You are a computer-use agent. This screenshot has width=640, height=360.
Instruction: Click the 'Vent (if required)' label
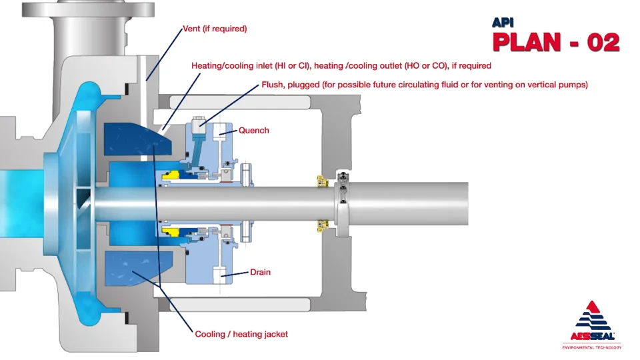pyautogui.click(x=215, y=29)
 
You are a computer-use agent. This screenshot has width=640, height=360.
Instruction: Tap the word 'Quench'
pyautogui.click(x=254, y=131)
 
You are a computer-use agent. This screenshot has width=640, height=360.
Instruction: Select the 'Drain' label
pyautogui.click(x=260, y=273)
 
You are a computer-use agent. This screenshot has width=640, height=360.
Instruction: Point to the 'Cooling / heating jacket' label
pyautogui.click(x=241, y=334)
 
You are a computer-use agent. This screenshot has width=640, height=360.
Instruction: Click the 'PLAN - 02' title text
pyautogui.click(x=556, y=43)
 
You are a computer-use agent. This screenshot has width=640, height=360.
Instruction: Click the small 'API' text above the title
pyautogui.click(x=504, y=22)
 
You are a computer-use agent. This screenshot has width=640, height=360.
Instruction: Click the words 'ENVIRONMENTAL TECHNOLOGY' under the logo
pyautogui.click(x=591, y=347)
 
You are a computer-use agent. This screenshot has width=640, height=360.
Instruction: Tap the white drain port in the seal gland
pyautogui.click(x=219, y=273)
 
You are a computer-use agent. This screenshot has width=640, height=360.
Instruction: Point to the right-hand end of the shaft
pyautogui.click(x=467, y=203)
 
